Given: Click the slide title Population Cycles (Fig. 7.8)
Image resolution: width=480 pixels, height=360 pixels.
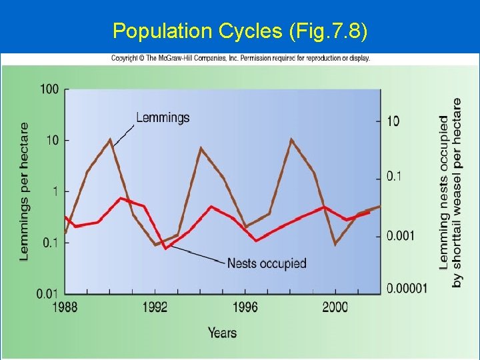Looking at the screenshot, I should [240, 31].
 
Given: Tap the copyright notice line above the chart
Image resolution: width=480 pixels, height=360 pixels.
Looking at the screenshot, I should [240, 58].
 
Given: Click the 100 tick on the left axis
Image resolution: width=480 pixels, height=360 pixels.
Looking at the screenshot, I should [49, 89].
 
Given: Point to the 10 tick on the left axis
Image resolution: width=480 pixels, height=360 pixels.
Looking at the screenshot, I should [52, 140].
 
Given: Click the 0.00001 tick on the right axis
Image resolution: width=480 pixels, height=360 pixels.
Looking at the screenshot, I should [406, 288].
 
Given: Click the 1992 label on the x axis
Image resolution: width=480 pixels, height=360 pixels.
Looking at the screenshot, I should [155, 307].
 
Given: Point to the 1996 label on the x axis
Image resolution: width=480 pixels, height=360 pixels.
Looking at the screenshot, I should [245, 307].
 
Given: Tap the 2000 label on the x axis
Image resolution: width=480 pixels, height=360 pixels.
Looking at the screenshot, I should [335, 307].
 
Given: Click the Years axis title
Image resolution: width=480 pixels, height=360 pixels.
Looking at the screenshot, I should [222, 332].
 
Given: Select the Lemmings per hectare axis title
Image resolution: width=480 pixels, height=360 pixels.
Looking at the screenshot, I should [24, 191].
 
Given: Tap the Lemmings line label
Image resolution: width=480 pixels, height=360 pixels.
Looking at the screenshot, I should [163, 118].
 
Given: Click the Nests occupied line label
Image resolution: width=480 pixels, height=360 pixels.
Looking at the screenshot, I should [267, 263].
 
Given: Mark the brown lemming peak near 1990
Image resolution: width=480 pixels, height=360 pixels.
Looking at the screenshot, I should [111, 139].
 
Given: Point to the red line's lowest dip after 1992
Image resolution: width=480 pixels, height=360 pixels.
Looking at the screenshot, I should [165, 248].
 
